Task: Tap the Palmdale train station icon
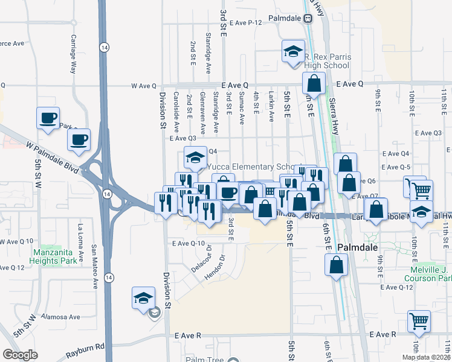click(308, 18)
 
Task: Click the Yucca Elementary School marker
click(195, 159)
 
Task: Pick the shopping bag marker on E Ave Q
click(314, 83)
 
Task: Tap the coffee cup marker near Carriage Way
click(48, 118)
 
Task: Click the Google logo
click(20, 354)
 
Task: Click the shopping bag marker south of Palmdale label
click(336, 264)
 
